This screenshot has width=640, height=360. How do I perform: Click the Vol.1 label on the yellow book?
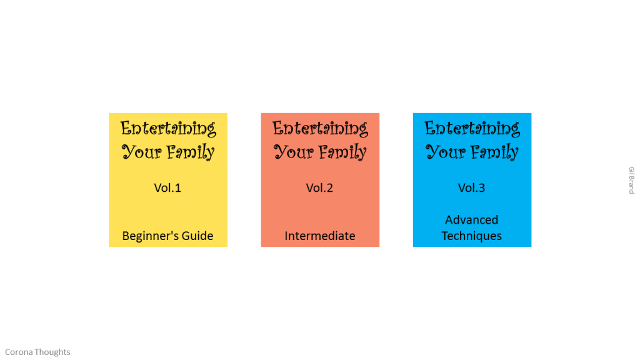[x=167, y=187]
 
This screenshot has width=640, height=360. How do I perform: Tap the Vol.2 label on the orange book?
[x=319, y=187]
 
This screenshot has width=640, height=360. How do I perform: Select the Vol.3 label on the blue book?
[x=471, y=187]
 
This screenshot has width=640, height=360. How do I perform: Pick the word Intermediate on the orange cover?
[x=320, y=236]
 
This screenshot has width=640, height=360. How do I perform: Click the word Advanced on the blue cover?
[x=471, y=220]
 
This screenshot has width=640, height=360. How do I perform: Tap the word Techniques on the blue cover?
[x=471, y=236]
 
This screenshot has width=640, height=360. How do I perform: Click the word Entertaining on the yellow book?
[x=168, y=129]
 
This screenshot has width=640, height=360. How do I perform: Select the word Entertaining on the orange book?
[x=320, y=129]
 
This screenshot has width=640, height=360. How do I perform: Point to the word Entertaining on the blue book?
[x=472, y=129]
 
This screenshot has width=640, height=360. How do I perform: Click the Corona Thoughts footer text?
[x=37, y=352]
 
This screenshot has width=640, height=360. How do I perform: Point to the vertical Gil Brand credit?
[x=631, y=180]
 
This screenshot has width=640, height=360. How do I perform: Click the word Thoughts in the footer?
[x=52, y=352]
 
